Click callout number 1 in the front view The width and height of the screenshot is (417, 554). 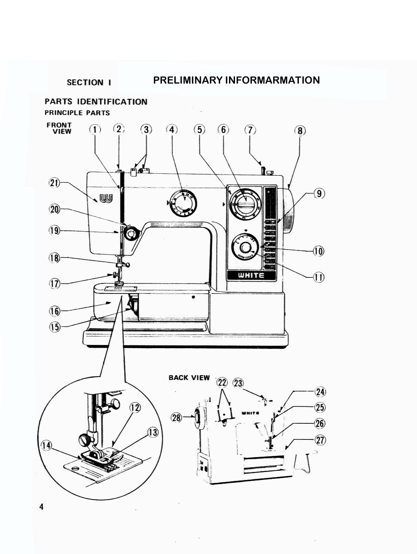click(95, 129)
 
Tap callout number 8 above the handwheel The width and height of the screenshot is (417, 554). click(300, 131)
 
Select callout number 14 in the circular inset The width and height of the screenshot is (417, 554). click(47, 445)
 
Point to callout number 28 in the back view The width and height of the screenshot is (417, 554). click(176, 417)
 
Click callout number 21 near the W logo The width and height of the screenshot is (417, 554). click(54, 183)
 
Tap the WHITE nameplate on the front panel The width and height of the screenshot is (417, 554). click(251, 275)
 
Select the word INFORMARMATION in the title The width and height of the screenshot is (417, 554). click(272, 80)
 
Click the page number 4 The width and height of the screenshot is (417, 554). click(41, 507)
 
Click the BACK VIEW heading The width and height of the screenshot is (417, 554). click(189, 378)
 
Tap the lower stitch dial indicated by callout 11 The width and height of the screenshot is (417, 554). click(245, 248)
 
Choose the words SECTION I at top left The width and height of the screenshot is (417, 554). click(89, 82)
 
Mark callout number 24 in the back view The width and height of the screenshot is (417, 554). click(320, 392)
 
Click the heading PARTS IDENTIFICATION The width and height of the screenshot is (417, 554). click(96, 102)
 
